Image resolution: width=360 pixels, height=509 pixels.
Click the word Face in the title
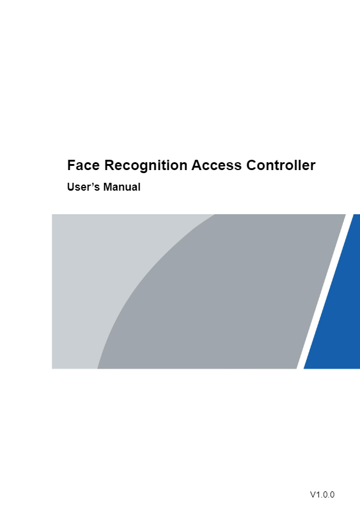83,165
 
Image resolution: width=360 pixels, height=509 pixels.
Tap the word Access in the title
217,165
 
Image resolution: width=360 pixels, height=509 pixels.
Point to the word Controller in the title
281,165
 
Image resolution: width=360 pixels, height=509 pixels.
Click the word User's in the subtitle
83,187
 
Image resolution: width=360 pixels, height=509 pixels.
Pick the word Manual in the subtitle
122,187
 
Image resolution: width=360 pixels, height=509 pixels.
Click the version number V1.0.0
322,494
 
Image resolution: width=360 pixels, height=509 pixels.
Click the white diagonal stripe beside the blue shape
325,291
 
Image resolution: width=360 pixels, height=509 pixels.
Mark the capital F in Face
71,165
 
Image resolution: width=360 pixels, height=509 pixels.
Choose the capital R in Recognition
110,165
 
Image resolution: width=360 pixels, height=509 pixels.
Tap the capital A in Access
197,165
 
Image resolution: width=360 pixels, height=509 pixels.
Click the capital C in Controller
252,165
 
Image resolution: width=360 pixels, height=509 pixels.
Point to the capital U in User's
71,187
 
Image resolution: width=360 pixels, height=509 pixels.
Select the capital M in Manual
108,187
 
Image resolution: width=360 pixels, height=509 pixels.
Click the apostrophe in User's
90,184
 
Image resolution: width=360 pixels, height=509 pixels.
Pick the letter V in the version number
313,494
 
